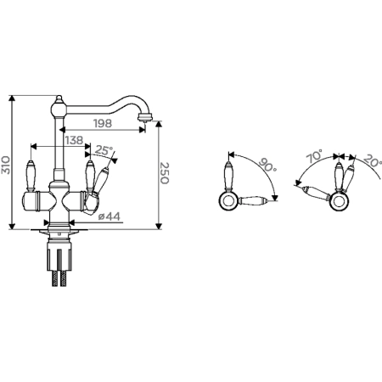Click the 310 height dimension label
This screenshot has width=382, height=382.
[6, 165]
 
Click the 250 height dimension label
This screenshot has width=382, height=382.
[165, 173]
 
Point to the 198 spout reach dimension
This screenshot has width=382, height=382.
[103, 123]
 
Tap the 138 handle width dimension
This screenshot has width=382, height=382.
[74, 140]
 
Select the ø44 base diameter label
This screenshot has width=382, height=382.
[110, 216]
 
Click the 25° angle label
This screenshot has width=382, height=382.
[104, 150]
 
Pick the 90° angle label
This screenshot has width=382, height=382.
[267, 165]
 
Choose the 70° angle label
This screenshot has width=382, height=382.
[315, 156]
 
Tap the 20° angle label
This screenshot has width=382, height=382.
[372, 160]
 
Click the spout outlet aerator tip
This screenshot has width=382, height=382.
[145, 118]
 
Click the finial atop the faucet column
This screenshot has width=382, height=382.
[59, 98]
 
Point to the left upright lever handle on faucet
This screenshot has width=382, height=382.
[30, 176]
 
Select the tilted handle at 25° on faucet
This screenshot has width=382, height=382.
[98, 181]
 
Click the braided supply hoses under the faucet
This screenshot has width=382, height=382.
[59, 278]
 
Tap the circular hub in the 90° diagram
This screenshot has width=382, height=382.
[228, 200]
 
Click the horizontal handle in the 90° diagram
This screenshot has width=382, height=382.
[252, 200]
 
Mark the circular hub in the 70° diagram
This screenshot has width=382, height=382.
[339, 201]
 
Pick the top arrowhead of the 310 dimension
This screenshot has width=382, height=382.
[12, 98]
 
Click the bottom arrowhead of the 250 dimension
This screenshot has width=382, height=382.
[159, 226]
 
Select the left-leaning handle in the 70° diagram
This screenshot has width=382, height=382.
[316, 193]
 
